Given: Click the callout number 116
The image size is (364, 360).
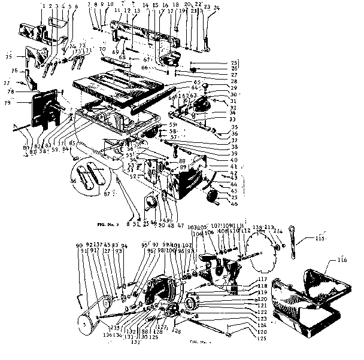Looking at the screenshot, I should click(x=342, y=261).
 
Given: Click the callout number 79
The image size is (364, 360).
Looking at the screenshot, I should click(x=8, y=103).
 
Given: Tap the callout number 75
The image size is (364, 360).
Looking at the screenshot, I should click(x=8, y=57).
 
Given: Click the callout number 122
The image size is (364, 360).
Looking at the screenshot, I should click(x=262, y=312).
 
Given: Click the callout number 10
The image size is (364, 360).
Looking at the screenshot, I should click(x=110, y=5).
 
